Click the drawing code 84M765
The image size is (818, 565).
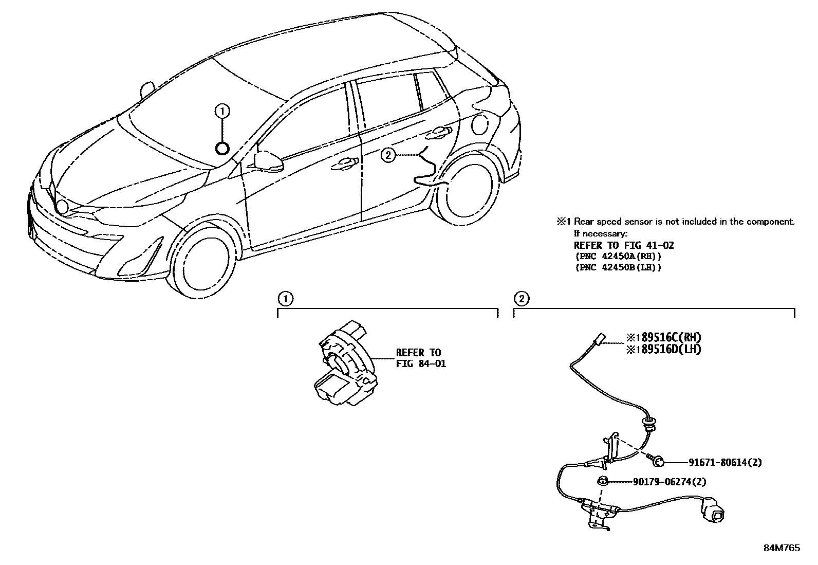782,548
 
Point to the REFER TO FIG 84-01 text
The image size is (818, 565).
420,358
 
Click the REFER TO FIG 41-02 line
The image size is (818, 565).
623,245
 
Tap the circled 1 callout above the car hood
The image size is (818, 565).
222,110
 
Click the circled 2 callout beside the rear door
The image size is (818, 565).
388,154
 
